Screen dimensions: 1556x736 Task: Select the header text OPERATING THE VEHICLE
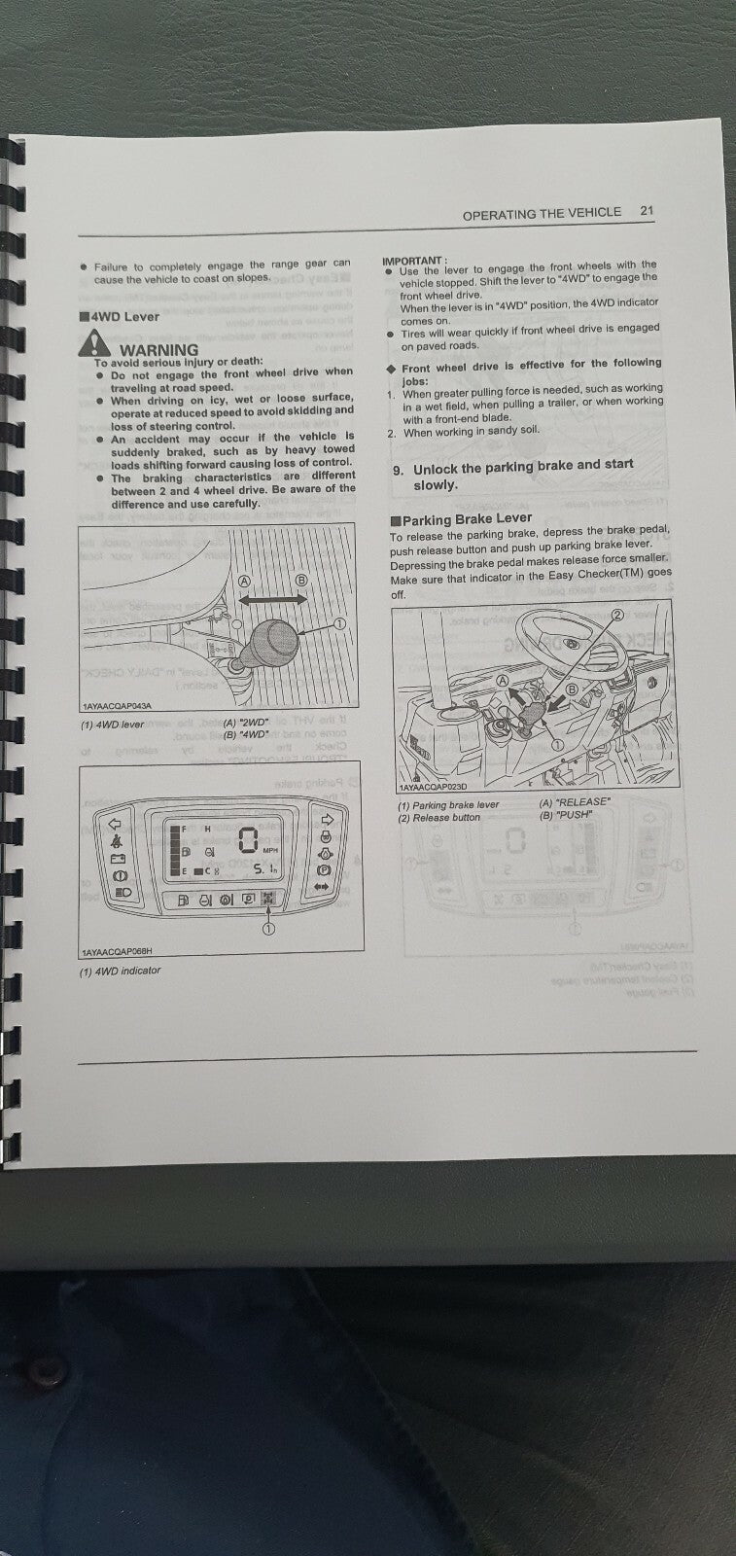click(541, 213)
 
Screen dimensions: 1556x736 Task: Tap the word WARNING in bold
click(158, 349)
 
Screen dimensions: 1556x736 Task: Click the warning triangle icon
click(94, 342)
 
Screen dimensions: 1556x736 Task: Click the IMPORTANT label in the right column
click(414, 261)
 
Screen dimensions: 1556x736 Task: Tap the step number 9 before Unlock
click(398, 469)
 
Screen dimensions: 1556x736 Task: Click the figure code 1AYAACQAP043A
click(117, 705)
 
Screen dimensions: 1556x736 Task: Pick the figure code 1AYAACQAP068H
click(117, 952)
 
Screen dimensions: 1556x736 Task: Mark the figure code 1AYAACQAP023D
click(432, 787)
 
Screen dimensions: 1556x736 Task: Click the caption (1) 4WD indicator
click(121, 971)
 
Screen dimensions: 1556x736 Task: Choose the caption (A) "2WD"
click(246, 723)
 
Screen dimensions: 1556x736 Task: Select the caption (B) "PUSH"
click(565, 815)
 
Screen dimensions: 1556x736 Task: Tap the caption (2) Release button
click(438, 817)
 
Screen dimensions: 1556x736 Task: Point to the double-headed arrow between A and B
click(273, 601)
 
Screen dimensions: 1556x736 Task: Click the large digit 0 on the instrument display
click(249, 840)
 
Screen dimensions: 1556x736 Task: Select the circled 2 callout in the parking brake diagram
click(615, 616)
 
